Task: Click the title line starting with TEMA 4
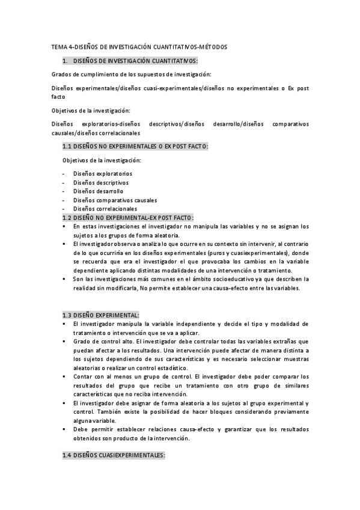pos(139,47)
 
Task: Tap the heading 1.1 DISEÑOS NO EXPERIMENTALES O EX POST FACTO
pos(135,146)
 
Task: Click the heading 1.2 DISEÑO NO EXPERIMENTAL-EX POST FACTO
pos(128,217)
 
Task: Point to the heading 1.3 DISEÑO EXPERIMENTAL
pos(101,315)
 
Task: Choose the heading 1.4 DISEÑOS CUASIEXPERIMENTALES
pos(114,456)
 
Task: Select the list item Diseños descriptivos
pos(100,182)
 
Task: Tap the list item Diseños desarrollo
pos(98,191)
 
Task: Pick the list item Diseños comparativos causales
pos(115,200)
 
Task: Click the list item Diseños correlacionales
pos(105,208)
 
